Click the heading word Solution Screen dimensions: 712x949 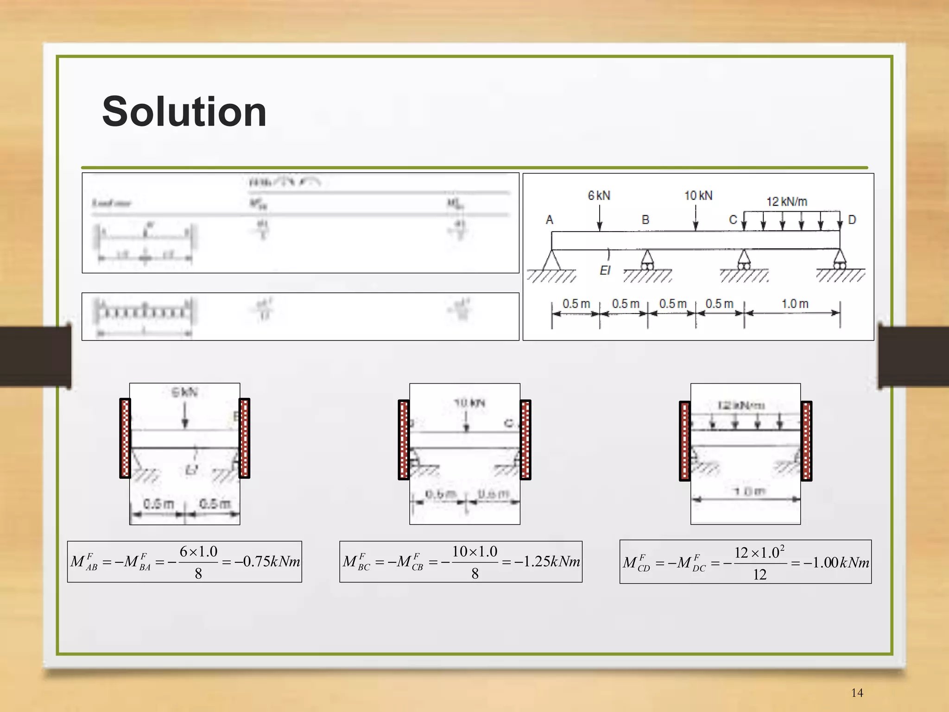click(184, 112)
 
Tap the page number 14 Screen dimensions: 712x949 click(857, 693)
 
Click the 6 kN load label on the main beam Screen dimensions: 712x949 click(599, 196)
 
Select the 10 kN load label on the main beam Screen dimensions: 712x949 click(698, 196)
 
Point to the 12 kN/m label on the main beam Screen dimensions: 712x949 click(787, 202)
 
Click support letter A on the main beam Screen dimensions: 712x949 click(550, 220)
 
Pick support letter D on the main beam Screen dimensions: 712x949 click(852, 220)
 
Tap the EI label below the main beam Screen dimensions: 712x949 click(605, 271)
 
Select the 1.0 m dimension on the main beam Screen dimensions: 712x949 click(795, 304)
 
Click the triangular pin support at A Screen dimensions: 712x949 click(551, 261)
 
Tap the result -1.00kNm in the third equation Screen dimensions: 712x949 click(836, 563)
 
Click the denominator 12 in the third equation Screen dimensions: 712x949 click(759, 575)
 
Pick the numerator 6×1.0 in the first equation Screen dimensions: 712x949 click(198, 552)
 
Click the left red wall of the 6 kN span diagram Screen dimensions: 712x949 click(125, 438)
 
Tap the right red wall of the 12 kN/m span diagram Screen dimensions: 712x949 click(806, 441)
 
